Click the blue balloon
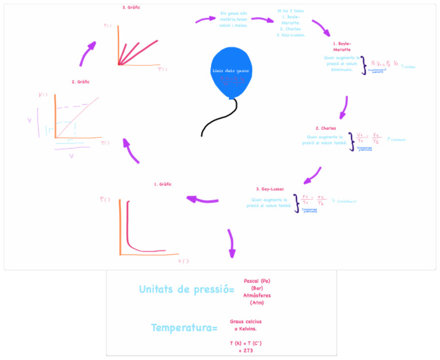pos(231,72)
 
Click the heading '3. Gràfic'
pos(131,7)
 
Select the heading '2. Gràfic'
pos(80,82)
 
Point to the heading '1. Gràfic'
pos(163,184)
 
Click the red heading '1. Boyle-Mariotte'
pos(342,46)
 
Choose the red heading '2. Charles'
pos(325,128)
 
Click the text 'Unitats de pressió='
pos(186,290)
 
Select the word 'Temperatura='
pos(184,328)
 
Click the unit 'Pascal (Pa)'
pos(257,281)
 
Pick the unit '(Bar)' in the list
pos(257,288)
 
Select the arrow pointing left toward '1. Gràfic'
pos(204,199)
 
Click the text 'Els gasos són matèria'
pos(234,19)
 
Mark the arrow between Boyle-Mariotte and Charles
pos(344,107)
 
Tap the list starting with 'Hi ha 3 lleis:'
pos(290,22)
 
